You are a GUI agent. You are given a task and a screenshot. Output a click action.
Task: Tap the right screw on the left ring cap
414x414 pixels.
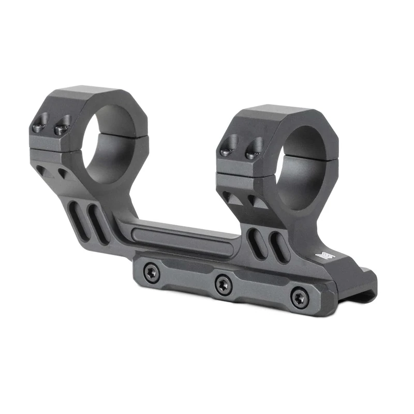(62, 127)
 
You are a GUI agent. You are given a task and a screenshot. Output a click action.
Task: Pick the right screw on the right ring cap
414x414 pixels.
(253, 151)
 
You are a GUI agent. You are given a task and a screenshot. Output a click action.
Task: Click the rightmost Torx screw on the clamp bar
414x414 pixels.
(299, 298)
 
